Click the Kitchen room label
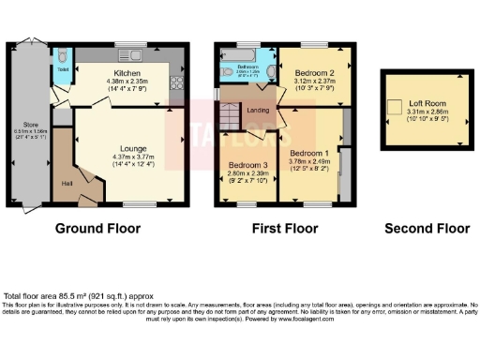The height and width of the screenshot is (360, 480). point(127,71)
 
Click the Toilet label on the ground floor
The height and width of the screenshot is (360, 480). point(62,69)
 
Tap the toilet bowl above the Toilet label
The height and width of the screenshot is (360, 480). point(62,57)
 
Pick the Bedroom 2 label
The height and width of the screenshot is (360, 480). point(308,72)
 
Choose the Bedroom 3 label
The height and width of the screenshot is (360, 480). point(248,167)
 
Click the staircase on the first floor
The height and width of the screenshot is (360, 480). point(229,116)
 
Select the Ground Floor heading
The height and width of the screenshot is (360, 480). point(97,228)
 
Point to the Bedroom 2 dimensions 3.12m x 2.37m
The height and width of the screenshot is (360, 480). point(308,81)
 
